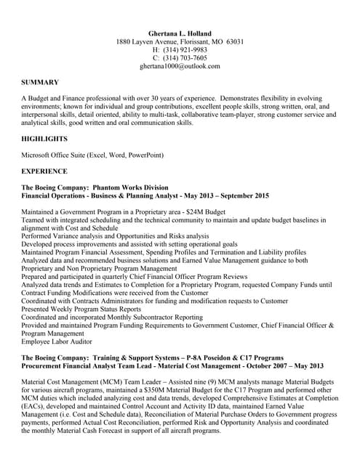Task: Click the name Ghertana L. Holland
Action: [180, 33]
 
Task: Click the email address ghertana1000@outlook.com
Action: [180, 65]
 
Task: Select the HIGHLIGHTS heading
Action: [44, 138]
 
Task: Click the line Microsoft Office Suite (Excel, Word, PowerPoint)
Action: [92, 155]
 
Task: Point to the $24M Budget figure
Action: [212, 211]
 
